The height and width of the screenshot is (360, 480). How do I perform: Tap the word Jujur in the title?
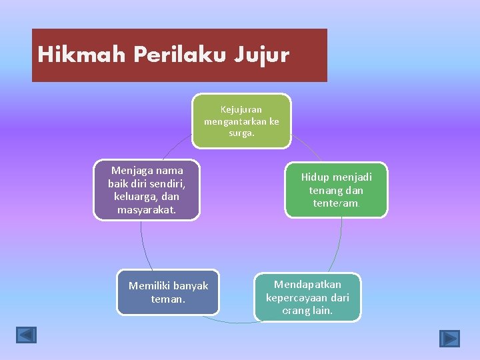pyautogui.click(x=261, y=55)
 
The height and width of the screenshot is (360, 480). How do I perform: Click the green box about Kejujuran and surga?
pyautogui.click(x=241, y=121)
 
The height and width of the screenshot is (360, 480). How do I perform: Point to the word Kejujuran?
pyautogui.click(x=241, y=109)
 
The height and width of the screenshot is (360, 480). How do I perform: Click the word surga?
pyautogui.click(x=241, y=133)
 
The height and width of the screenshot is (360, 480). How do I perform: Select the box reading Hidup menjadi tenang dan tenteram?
pyautogui.click(x=336, y=190)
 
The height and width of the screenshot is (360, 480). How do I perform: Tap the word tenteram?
pyautogui.click(x=336, y=203)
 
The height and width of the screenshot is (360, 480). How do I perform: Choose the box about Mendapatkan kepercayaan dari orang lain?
pyautogui.click(x=307, y=297)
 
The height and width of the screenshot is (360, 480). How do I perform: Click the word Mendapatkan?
pyautogui.click(x=307, y=285)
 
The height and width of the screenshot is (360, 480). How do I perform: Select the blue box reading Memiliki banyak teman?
pyautogui.click(x=168, y=292)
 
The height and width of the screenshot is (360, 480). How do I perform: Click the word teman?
pyautogui.click(x=168, y=299)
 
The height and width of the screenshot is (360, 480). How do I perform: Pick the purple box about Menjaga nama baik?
pyautogui.click(x=147, y=190)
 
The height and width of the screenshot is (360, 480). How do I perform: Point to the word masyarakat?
pyautogui.click(x=147, y=210)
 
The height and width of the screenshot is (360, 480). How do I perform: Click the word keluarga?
pyautogui.click(x=136, y=197)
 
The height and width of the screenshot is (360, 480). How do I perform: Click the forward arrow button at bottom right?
pyautogui.click(x=450, y=339)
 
